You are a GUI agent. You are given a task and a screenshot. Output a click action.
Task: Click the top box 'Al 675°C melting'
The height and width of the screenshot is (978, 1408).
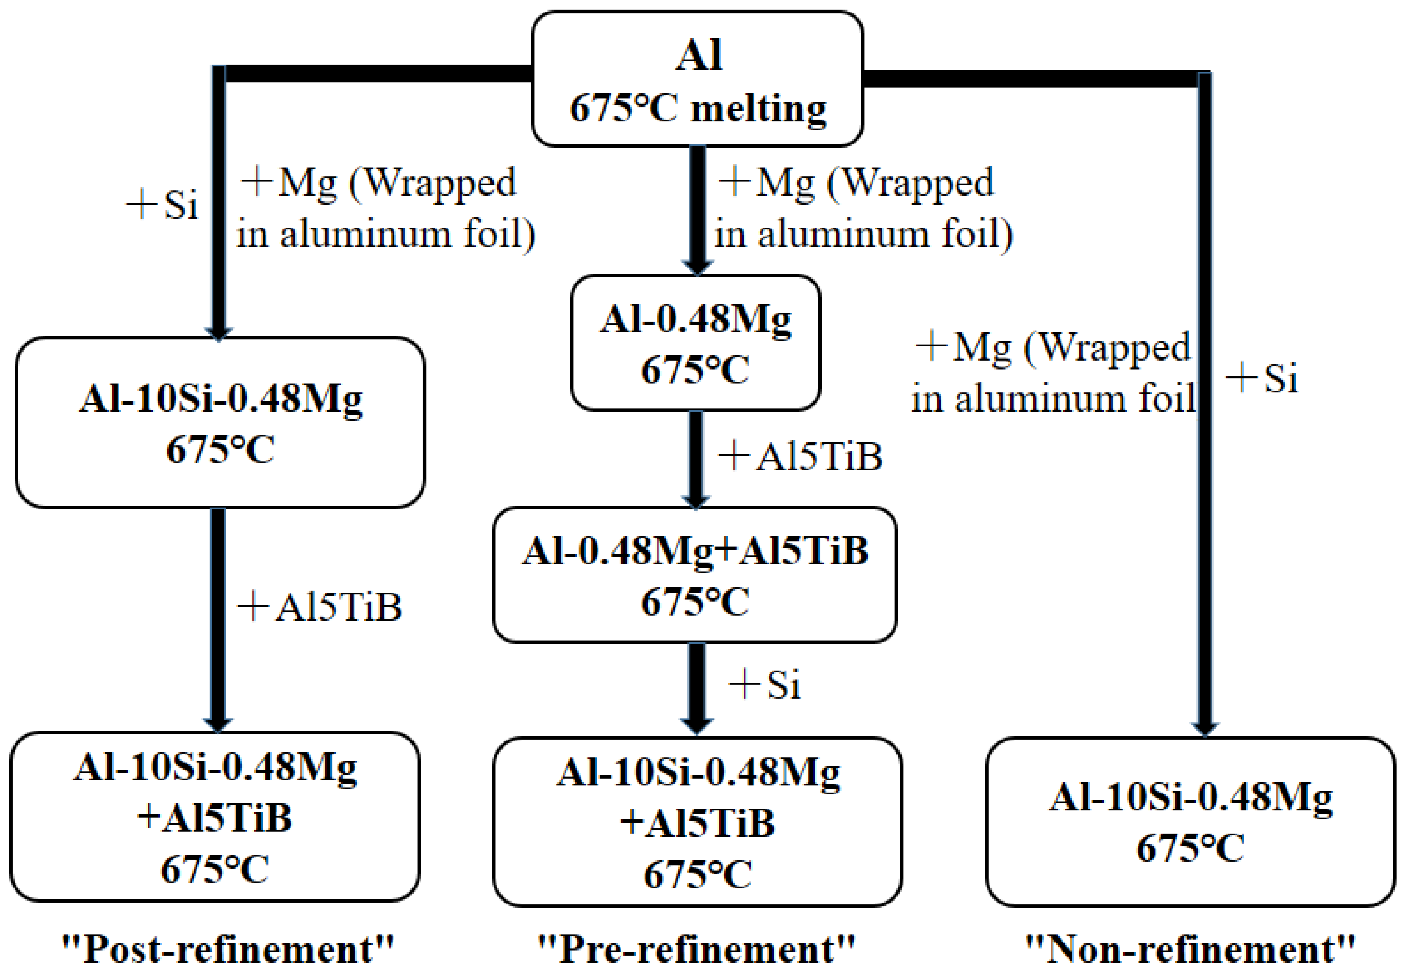click(x=697, y=80)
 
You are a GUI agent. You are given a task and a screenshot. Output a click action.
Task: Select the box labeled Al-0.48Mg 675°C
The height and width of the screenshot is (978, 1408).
click(x=695, y=343)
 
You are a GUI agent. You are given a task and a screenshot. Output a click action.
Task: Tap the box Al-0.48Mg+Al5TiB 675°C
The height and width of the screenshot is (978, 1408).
click(x=695, y=575)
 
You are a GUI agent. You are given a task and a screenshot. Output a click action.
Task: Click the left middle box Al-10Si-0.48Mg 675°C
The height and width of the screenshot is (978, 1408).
click(x=220, y=423)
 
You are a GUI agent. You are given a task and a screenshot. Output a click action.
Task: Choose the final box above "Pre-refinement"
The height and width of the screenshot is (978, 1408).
click(x=697, y=822)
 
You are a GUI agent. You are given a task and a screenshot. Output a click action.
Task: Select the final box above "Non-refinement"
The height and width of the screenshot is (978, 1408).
click(x=1190, y=822)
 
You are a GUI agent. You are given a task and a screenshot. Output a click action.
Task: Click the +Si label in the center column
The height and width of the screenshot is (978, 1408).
click(x=765, y=684)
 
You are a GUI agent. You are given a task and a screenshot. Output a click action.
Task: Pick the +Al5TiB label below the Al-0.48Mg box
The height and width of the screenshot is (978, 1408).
click(x=800, y=457)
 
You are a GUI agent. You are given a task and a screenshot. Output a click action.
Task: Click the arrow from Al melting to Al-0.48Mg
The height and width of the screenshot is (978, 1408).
click(x=697, y=208)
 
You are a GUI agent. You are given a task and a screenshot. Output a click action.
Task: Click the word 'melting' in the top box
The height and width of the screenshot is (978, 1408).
click(x=759, y=109)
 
